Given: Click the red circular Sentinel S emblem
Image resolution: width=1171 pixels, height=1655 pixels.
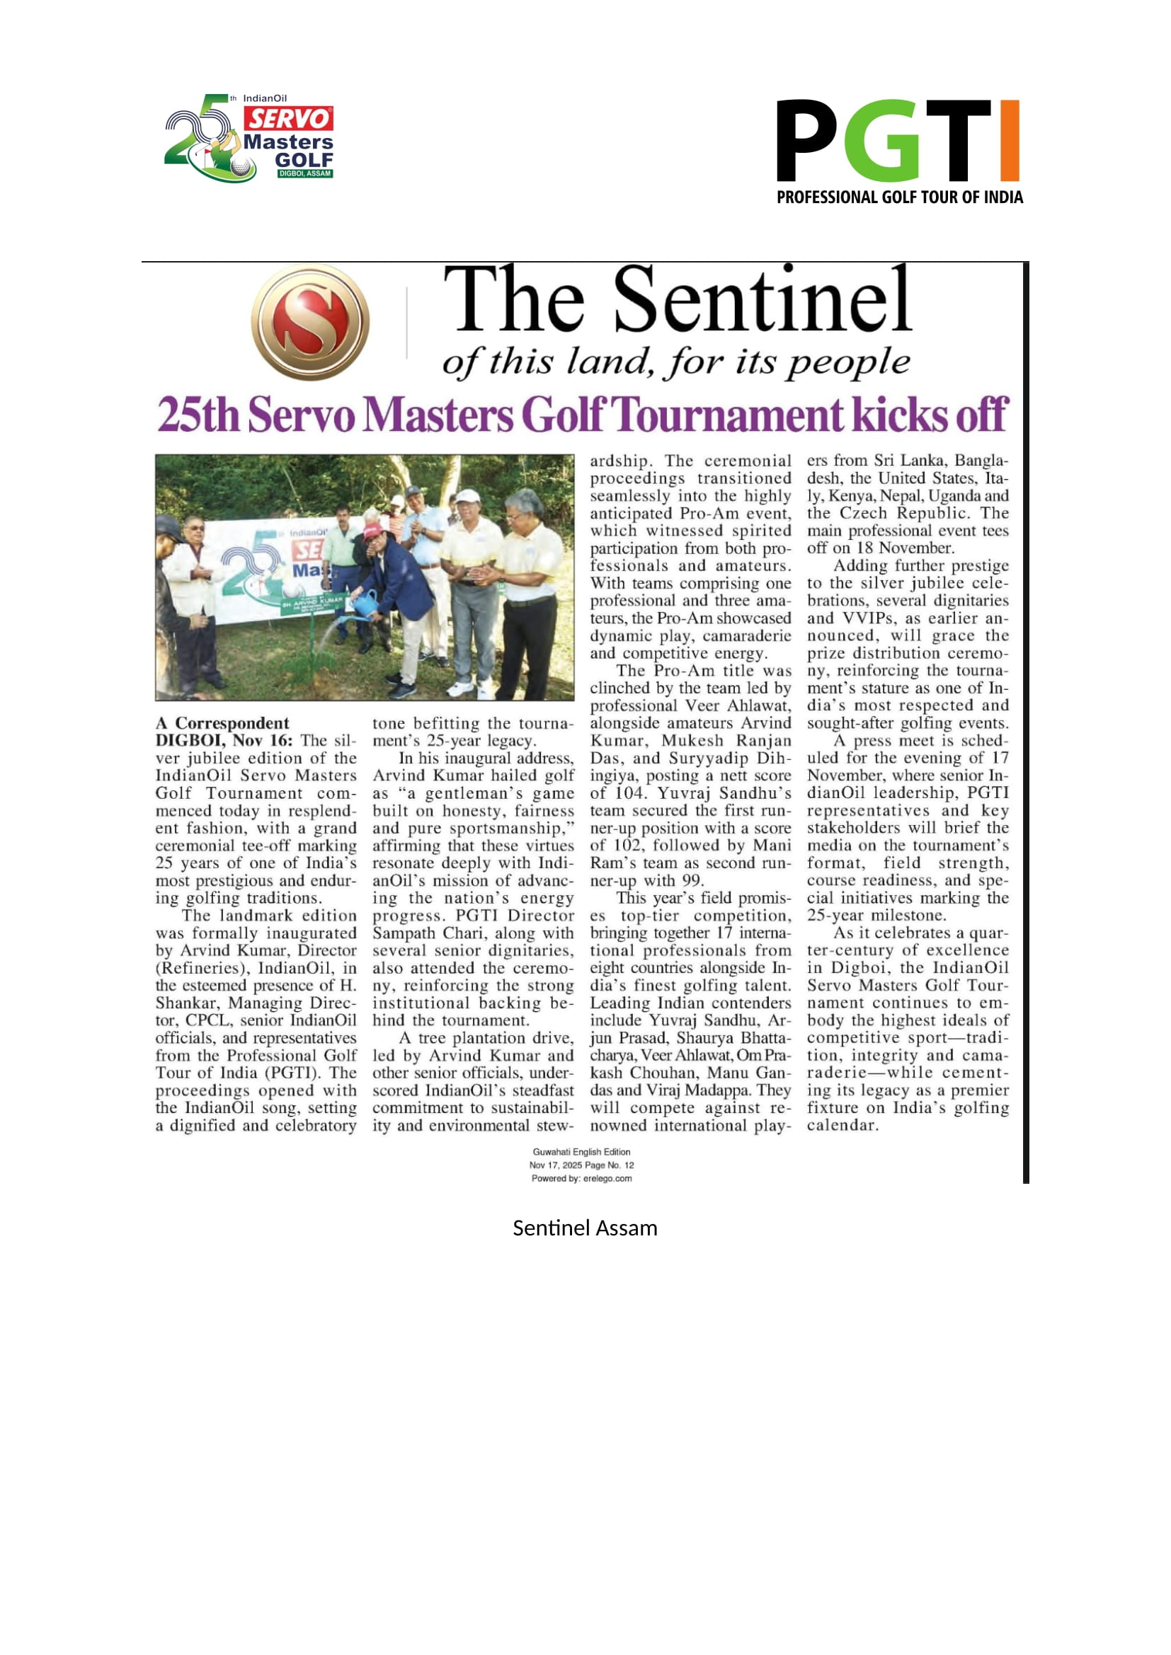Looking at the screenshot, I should [310, 322].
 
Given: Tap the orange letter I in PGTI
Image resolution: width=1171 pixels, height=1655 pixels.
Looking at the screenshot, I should [1010, 141].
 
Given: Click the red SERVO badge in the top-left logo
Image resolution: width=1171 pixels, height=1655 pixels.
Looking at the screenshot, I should [288, 118].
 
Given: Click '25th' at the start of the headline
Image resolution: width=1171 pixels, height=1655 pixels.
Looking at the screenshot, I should [198, 416].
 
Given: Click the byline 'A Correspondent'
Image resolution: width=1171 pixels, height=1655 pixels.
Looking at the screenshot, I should [222, 723].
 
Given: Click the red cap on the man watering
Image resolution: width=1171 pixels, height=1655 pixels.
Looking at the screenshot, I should [373, 531].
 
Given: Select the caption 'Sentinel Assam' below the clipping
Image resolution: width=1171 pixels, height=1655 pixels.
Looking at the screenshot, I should [585, 1228].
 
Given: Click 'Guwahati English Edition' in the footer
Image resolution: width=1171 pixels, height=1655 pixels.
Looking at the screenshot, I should [581, 1152].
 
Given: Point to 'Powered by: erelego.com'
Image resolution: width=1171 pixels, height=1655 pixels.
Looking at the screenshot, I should [581, 1179].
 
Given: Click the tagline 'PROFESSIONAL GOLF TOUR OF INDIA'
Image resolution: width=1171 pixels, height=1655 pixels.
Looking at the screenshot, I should [899, 197].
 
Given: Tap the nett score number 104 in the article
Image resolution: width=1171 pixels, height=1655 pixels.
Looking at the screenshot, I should [624, 794].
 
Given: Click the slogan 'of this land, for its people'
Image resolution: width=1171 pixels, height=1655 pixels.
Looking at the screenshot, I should [675, 361].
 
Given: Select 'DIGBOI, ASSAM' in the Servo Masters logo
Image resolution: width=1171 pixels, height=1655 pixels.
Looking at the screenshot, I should [304, 174].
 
